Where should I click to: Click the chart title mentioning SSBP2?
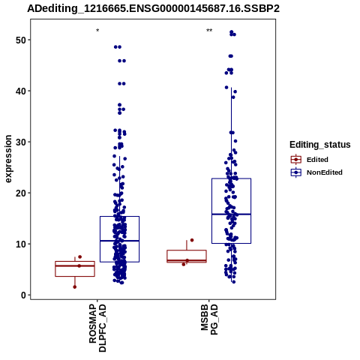[x=153, y=8]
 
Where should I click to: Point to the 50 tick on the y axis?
[x=21, y=40]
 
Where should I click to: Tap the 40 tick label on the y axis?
[x=21, y=91]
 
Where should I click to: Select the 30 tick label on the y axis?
[x=21, y=142]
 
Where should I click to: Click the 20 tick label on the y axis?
[x=21, y=193]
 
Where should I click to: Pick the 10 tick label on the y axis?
[x=21, y=244]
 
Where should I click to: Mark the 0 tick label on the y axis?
[x=24, y=295]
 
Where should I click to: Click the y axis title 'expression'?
[x=8, y=159]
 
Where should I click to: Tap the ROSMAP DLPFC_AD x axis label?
[x=97, y=328]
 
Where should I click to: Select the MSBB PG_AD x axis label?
[x=209, y=319]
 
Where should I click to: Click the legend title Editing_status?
[x=320, y=145]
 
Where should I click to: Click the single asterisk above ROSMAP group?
[x=97, y=31]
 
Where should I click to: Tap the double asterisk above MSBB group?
[x=209, y=31]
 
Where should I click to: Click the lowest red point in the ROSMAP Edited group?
[x=75, y=287]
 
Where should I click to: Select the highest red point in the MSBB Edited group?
[x=192, y=240]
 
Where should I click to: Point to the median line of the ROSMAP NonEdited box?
[x=119, y=241]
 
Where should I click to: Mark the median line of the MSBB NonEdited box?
[x=231, y=214]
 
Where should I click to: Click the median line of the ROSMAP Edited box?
[x=75, y=265]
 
